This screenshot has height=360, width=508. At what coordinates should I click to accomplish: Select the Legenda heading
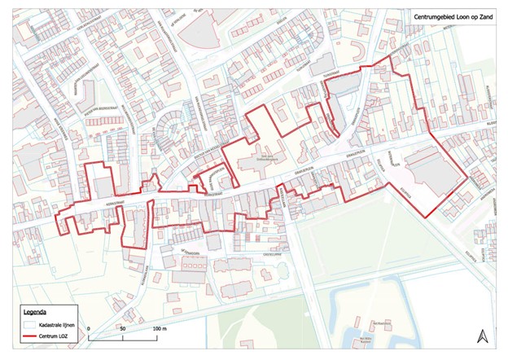click(x=35, y=312)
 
